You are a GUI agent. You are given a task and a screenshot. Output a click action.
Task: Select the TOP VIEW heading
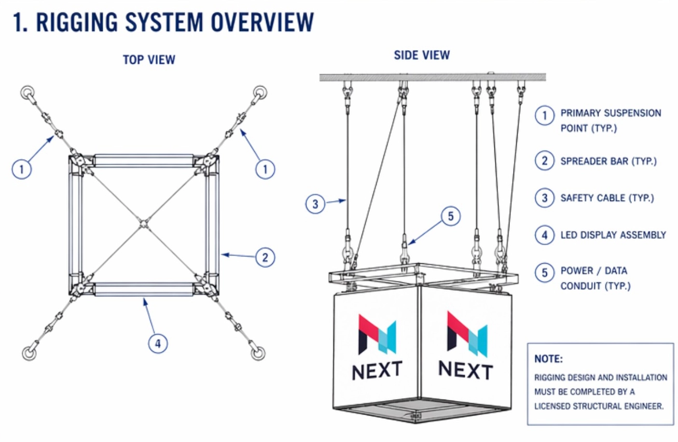[x=149, y=60]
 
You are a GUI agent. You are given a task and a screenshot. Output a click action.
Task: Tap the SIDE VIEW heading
[x=422, y=55]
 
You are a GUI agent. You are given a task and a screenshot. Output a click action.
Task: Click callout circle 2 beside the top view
[x=265, y=257]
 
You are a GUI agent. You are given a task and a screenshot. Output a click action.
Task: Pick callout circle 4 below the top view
[x=158, y=343]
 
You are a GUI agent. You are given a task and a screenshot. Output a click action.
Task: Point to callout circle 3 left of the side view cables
[x=315, y=204]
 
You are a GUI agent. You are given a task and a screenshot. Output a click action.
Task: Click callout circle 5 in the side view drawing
[x=450, y=216]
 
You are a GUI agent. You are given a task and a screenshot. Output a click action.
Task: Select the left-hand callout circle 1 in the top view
[x=22, y=168]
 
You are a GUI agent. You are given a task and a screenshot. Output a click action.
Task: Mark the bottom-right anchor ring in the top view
[x=258, y=353]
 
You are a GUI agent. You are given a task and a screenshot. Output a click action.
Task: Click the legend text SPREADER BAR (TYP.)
[x=608, y=161]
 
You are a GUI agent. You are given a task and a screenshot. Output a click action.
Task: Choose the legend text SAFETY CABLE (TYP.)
[x=607, y=198]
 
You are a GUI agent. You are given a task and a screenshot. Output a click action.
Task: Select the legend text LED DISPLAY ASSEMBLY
[x=613, y=235]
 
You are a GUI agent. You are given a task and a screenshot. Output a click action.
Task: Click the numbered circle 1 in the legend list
[x=544, y=116]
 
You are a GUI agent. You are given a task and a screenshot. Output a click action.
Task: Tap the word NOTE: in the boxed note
[x=548, y=359]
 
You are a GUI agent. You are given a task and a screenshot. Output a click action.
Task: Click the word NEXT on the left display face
[x=377, y=370]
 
